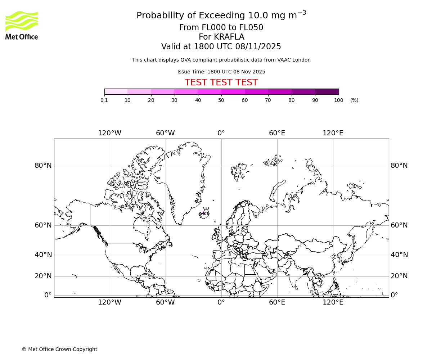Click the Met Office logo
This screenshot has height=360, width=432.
coord(22,25)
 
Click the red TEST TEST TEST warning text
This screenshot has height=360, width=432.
coord(221,82)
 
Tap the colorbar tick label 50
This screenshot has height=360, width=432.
coord(221,100)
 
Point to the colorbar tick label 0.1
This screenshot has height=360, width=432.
coord(104,100)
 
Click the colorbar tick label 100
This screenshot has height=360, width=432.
coord(338,100)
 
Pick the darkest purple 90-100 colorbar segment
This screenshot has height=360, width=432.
coord(327,91)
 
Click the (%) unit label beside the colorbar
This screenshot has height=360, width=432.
coord(354,100)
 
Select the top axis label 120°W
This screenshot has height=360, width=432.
coord(109,133)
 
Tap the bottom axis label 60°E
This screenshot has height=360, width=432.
coord(277,302)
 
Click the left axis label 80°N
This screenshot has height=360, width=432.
coord(43,166)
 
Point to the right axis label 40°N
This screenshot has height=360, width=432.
coord(399,255)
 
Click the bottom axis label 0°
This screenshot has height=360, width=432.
coord(221,302)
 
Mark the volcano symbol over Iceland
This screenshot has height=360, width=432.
coord(206,210)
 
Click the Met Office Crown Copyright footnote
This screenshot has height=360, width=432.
coord(59,349)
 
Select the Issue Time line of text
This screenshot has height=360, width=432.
coord(221,72)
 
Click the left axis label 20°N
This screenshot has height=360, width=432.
coord(43,276)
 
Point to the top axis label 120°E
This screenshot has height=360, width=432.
coord(333,133)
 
